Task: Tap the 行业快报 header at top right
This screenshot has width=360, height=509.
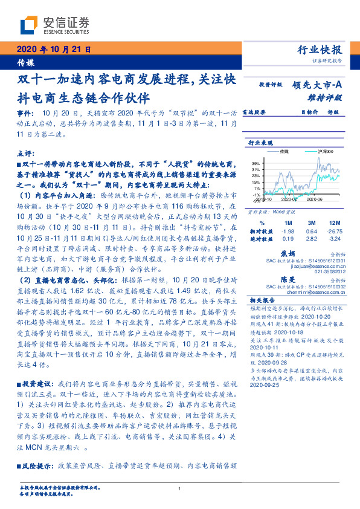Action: (x=321, y=50)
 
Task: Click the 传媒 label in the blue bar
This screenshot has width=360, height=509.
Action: (x=25, y=63)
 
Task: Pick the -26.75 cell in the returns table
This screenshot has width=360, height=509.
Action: (x=330, y=231)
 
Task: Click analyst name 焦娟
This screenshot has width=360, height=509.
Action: (x=288, y=253)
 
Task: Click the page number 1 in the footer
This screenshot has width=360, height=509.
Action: (x=180, y=488)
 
